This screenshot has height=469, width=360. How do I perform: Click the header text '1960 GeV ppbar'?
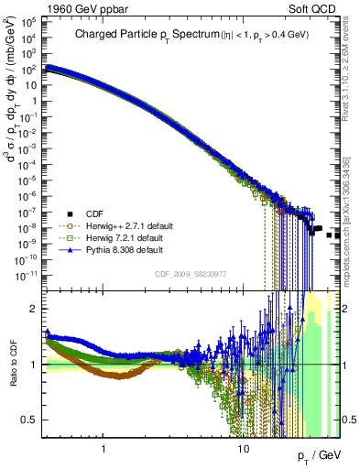[x=40, y=7]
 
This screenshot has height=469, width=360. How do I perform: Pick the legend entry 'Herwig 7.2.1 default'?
[x=114, y=235]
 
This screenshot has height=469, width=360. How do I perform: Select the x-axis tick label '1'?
[x=104, y=452]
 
